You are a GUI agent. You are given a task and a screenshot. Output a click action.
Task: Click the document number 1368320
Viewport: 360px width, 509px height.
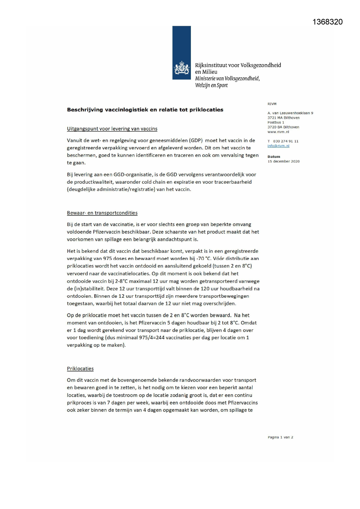[x=328, y=22]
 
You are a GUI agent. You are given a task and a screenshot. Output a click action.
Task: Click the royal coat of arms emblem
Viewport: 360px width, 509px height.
[x=182, y=68]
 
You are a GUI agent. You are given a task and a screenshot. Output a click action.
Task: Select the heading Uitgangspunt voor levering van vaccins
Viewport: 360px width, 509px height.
[x=112, y=129]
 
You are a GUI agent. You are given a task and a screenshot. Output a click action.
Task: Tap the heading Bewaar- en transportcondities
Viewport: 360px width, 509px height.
[x=102, y=213]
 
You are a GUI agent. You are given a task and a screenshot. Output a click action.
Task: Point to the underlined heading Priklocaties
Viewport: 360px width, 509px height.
[x=80, y=369]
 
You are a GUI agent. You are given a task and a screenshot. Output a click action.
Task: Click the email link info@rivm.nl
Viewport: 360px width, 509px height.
[x=278, y=146]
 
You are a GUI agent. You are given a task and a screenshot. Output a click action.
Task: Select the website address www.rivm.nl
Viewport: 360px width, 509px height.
[x=278, y=132]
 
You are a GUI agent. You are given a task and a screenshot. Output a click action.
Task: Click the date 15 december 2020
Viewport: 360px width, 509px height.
[x=283, y=161]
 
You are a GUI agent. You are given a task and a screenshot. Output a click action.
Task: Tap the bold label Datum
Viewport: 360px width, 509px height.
[x=274, y=157]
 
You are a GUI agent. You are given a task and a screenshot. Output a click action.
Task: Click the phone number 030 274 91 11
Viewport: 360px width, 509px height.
[x=285, y=141]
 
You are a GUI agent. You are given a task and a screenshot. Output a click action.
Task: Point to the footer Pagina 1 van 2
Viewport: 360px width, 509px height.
[x=280, y=437]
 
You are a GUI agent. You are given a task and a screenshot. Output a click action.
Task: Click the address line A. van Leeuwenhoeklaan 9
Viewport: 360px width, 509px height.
[x=290, y=113]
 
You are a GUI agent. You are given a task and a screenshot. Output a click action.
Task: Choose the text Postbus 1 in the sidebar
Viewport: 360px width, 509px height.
[x=276, y=122]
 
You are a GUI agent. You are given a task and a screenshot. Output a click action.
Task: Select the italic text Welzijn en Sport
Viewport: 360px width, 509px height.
[x=211, y=85]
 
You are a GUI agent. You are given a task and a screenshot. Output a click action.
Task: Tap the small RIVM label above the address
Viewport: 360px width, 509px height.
[x=272, y=104]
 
